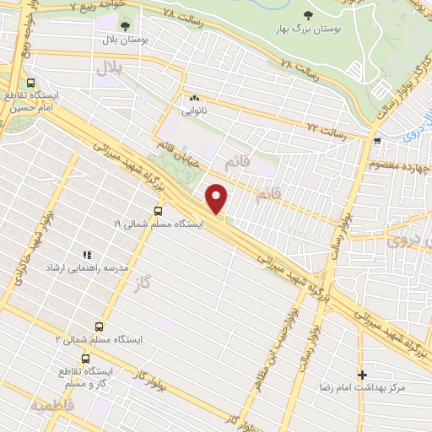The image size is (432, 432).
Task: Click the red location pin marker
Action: click(217, 199)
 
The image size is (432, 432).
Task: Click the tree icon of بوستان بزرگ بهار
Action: click(307, 15)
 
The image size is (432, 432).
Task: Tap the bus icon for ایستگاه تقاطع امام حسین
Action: click(31, 84)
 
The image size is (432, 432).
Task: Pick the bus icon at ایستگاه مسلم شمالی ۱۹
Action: click(159, 211)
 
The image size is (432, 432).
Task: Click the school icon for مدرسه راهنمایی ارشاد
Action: click(86, 254)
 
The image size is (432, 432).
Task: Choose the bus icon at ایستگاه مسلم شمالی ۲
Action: click(99, 327)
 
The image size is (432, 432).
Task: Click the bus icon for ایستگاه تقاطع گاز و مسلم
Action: click(85, 358)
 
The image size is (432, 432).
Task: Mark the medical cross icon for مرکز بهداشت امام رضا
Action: click(362, 374)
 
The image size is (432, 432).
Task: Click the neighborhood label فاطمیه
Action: click(52, 407)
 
